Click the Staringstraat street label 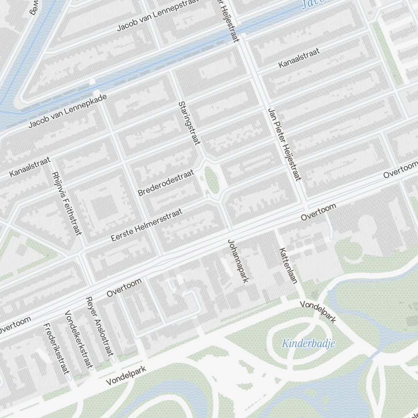pyautogui.click(x=189, y=123)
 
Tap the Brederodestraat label pyautogui.click(x=166, y=183)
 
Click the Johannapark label pyautogui.click(x=238, y=261)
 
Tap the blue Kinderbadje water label pyautogui.click(x=308, y=344)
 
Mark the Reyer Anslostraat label pyautogui.click(x=99, y=326)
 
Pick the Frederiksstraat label pyautogui.click(x=56, y=349)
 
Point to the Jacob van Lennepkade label pyautogui.click(x=68, y=111)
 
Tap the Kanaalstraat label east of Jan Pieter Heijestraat pyautogui.click(x=299, y=58)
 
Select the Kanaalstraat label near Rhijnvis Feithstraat pyautogui.click(x=30, y=166)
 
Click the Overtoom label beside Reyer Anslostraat pyautogui.click(x=124, y=288)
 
